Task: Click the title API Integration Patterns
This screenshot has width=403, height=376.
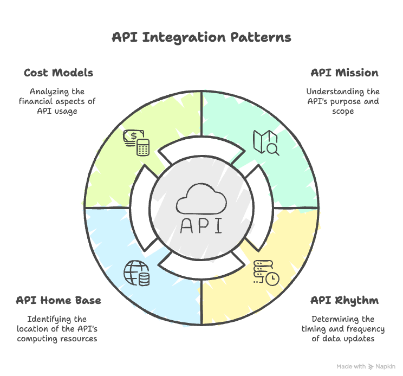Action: [x=201, y=37]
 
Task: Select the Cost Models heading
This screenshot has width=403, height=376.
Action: [x=58, y=73]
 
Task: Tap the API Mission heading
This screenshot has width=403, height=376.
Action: [x=344, y=73]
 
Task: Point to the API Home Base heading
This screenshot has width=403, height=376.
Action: [x=58, y=300]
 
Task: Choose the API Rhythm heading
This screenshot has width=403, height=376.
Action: [x=344, y=300]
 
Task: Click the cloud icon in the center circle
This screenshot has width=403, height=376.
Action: [x=201, y=199]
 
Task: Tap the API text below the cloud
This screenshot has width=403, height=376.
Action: [x=201, y=225]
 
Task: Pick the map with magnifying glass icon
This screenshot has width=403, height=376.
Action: [x=266, y=142]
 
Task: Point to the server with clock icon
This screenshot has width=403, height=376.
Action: [x=266, y=273]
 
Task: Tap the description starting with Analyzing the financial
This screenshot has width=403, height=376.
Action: [x=58, y=101]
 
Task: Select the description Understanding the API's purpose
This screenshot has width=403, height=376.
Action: [x=343, y=101]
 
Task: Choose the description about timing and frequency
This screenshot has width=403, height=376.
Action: [x=343, y=329]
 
